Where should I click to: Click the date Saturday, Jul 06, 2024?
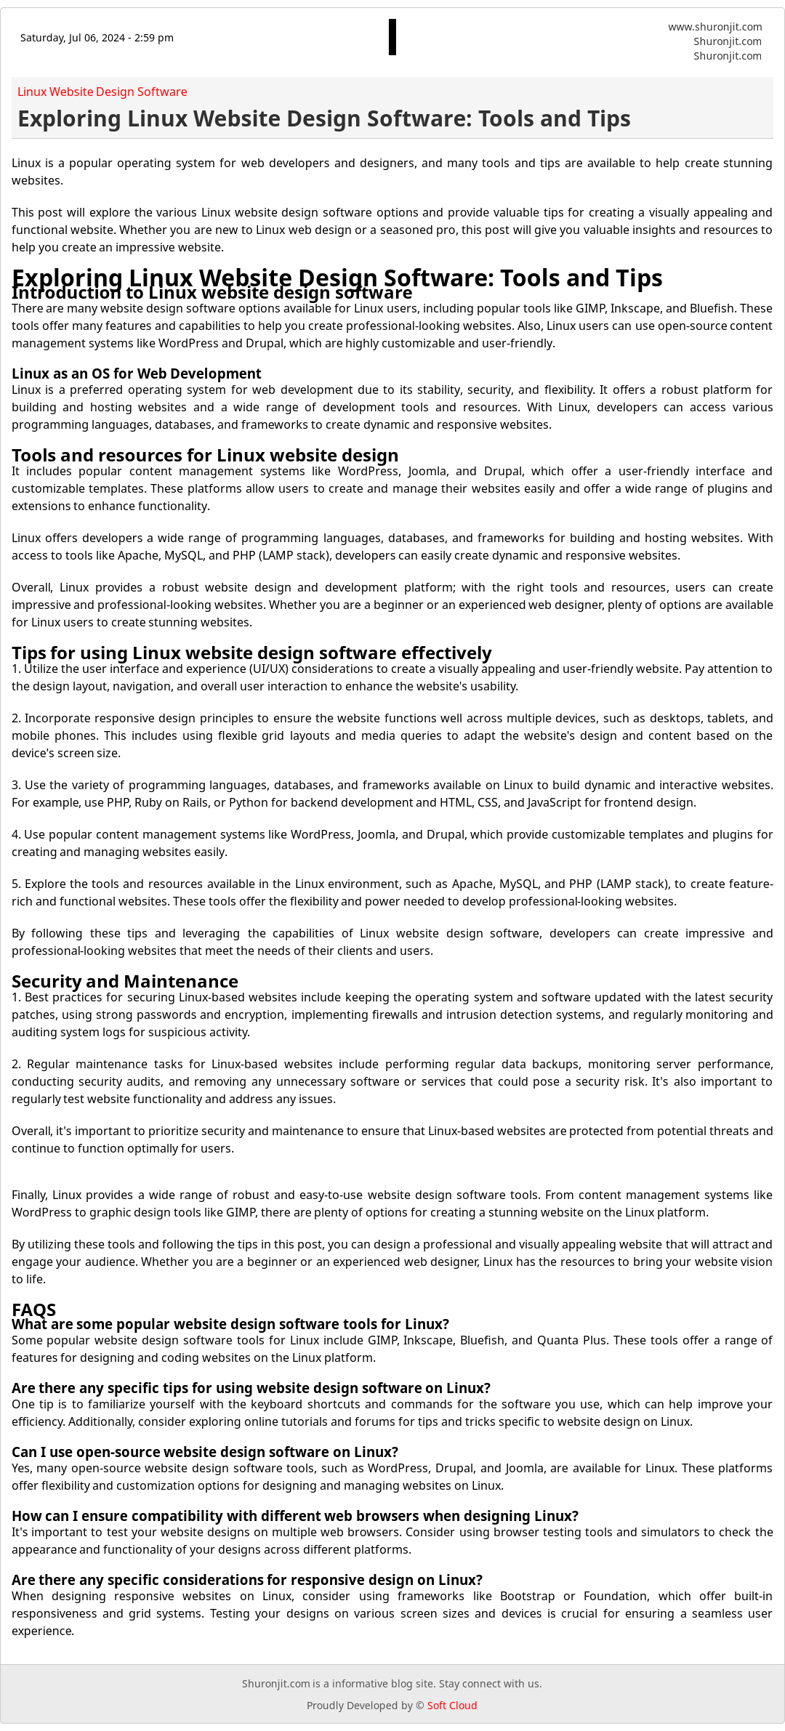pyautogui.click(x=97, y=38)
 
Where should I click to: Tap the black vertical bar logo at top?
pyautogui.click(x=392, y=37)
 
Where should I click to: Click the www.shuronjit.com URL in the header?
pyautogui.click(x=714, y=27)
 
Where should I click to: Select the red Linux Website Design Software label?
pyautogui.click(x=102, y=92)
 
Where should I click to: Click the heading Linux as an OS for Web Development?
pyautogui.click(x=136, y=374)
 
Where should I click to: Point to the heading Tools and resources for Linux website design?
pyautogui.click(x=205, y=456)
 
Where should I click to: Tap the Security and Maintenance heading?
pyautogui.click(x=125, y=982)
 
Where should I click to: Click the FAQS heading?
pyautogui.click(x=33, y=1310)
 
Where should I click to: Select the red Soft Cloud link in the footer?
pyautogui.click(x=452, y=1706)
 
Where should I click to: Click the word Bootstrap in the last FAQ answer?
pyautogui.click(x=527, y=1596)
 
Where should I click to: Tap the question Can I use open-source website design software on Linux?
pyautogui.click(x=205, y=1452)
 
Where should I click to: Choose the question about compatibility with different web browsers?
pyautogui.click(x=295, y=1516)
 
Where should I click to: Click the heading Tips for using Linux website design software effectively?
pyautogui.click(x=251, y=653)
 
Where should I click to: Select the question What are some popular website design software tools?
pyautogui.click(x=230, y=1324)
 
